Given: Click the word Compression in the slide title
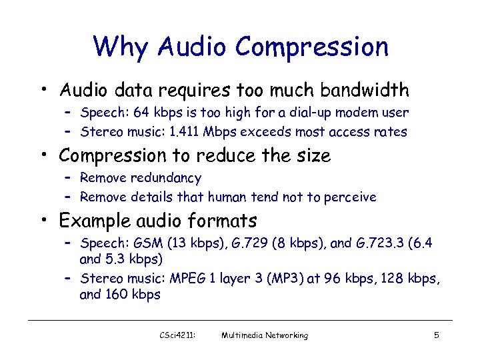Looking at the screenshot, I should [311, 47].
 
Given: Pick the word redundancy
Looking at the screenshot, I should [167, 178].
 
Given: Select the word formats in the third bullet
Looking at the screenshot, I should [223, 221].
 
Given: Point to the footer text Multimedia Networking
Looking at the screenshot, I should [265, 335].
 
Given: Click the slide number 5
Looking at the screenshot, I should [436, 335].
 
